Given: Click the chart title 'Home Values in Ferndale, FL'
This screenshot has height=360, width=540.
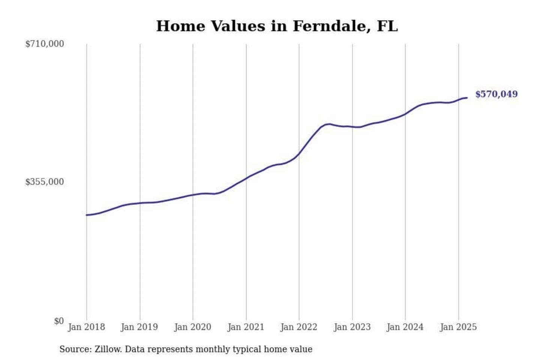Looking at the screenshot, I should pyautogui.click(x=277, y=26).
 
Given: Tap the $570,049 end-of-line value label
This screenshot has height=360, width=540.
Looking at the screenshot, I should pyautogui.click(x=496, y=94).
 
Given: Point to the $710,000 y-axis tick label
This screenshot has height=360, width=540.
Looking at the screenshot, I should pyautogui.click(x=44, y=44).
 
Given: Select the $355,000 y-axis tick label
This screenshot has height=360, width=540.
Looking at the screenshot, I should pyautogui.click(x=44, y=182).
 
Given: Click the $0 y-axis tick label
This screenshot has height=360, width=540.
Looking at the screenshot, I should pyautogui.click(x=59, y=321).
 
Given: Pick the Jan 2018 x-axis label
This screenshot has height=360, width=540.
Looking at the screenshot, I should pyautogui.click(x=86, y=327).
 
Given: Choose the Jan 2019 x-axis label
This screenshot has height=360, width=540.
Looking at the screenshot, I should pyautogui.click(x=139, y=327).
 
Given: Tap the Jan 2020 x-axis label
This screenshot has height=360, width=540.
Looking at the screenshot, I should pyautogui.click(x=192, y=327).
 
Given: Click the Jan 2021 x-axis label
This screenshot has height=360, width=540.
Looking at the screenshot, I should pyautogui.click(x=246, y=327).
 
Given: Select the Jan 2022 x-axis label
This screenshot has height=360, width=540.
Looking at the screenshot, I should pyautogui.click(x=298, y=327).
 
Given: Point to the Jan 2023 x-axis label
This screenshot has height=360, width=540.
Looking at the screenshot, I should pyautogui.click(x=352, y=327).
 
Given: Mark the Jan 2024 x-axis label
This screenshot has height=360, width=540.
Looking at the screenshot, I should pyautogui.click(x=405, y=327).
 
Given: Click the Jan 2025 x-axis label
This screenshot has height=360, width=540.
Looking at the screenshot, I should pyautogui.click(x=458, y=327).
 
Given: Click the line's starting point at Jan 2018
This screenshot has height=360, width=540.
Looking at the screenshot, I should pyautogui.click(x=87, y=215).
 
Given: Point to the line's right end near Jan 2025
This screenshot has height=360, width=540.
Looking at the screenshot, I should pyautogui.click(x=467, y=98).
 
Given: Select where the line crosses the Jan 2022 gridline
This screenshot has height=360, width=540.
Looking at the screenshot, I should pyautogui.click(x=299, y=153).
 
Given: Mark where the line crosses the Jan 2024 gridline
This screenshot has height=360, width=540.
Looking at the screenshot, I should pyautogui.click(x=405, y=114).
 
